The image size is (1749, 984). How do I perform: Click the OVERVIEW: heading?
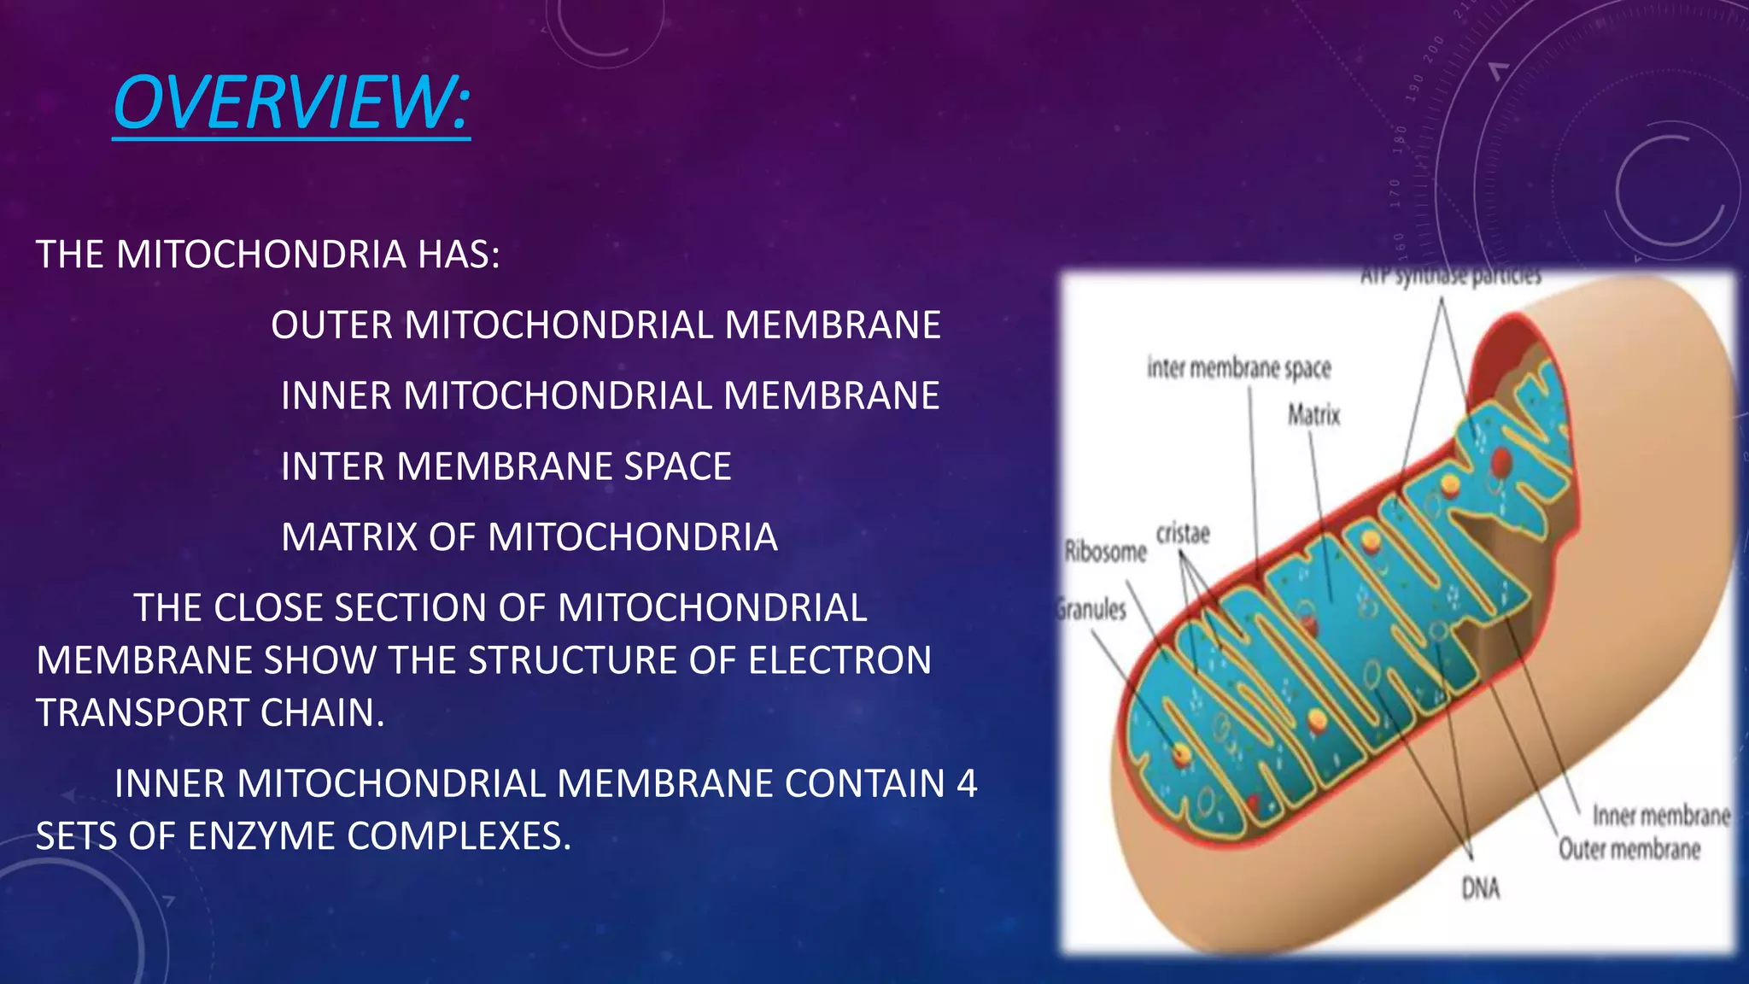291,103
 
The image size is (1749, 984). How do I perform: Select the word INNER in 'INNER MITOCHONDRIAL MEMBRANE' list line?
336,396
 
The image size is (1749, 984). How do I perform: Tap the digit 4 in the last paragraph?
967,784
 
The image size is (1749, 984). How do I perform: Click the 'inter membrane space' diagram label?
1238,368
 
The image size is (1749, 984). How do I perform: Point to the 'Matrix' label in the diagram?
1313,416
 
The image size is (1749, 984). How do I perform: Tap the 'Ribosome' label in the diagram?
1105,552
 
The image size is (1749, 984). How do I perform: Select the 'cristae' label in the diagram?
1183,534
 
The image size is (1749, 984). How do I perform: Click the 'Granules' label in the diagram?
1092,610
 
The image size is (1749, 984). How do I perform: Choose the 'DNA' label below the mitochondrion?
1480,889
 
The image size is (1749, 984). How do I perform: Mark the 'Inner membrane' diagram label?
1661,816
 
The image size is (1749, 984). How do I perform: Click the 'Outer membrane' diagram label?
1629,849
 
